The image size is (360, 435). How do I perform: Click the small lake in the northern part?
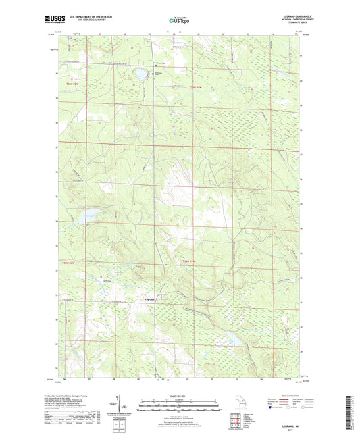tap(140, 73)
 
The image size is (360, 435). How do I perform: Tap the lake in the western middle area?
tap(87, 216)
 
